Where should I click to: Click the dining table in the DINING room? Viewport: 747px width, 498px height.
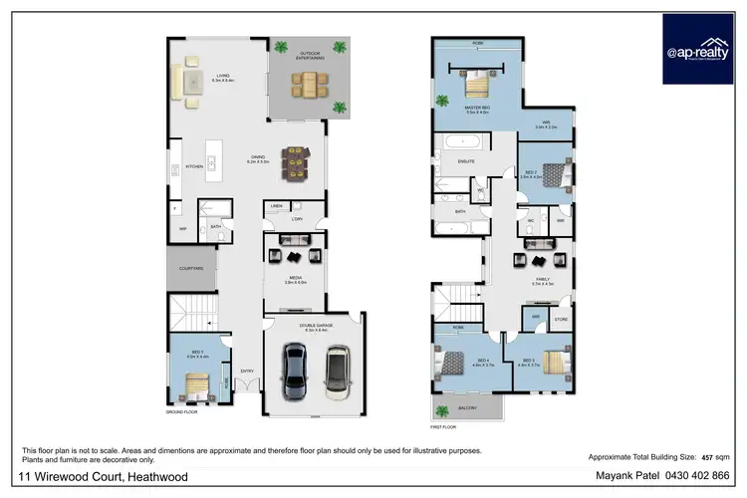296,159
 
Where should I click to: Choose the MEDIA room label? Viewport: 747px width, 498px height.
296,279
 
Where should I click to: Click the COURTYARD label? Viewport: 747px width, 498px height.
191,268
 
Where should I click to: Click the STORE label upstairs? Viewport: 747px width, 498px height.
560,319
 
